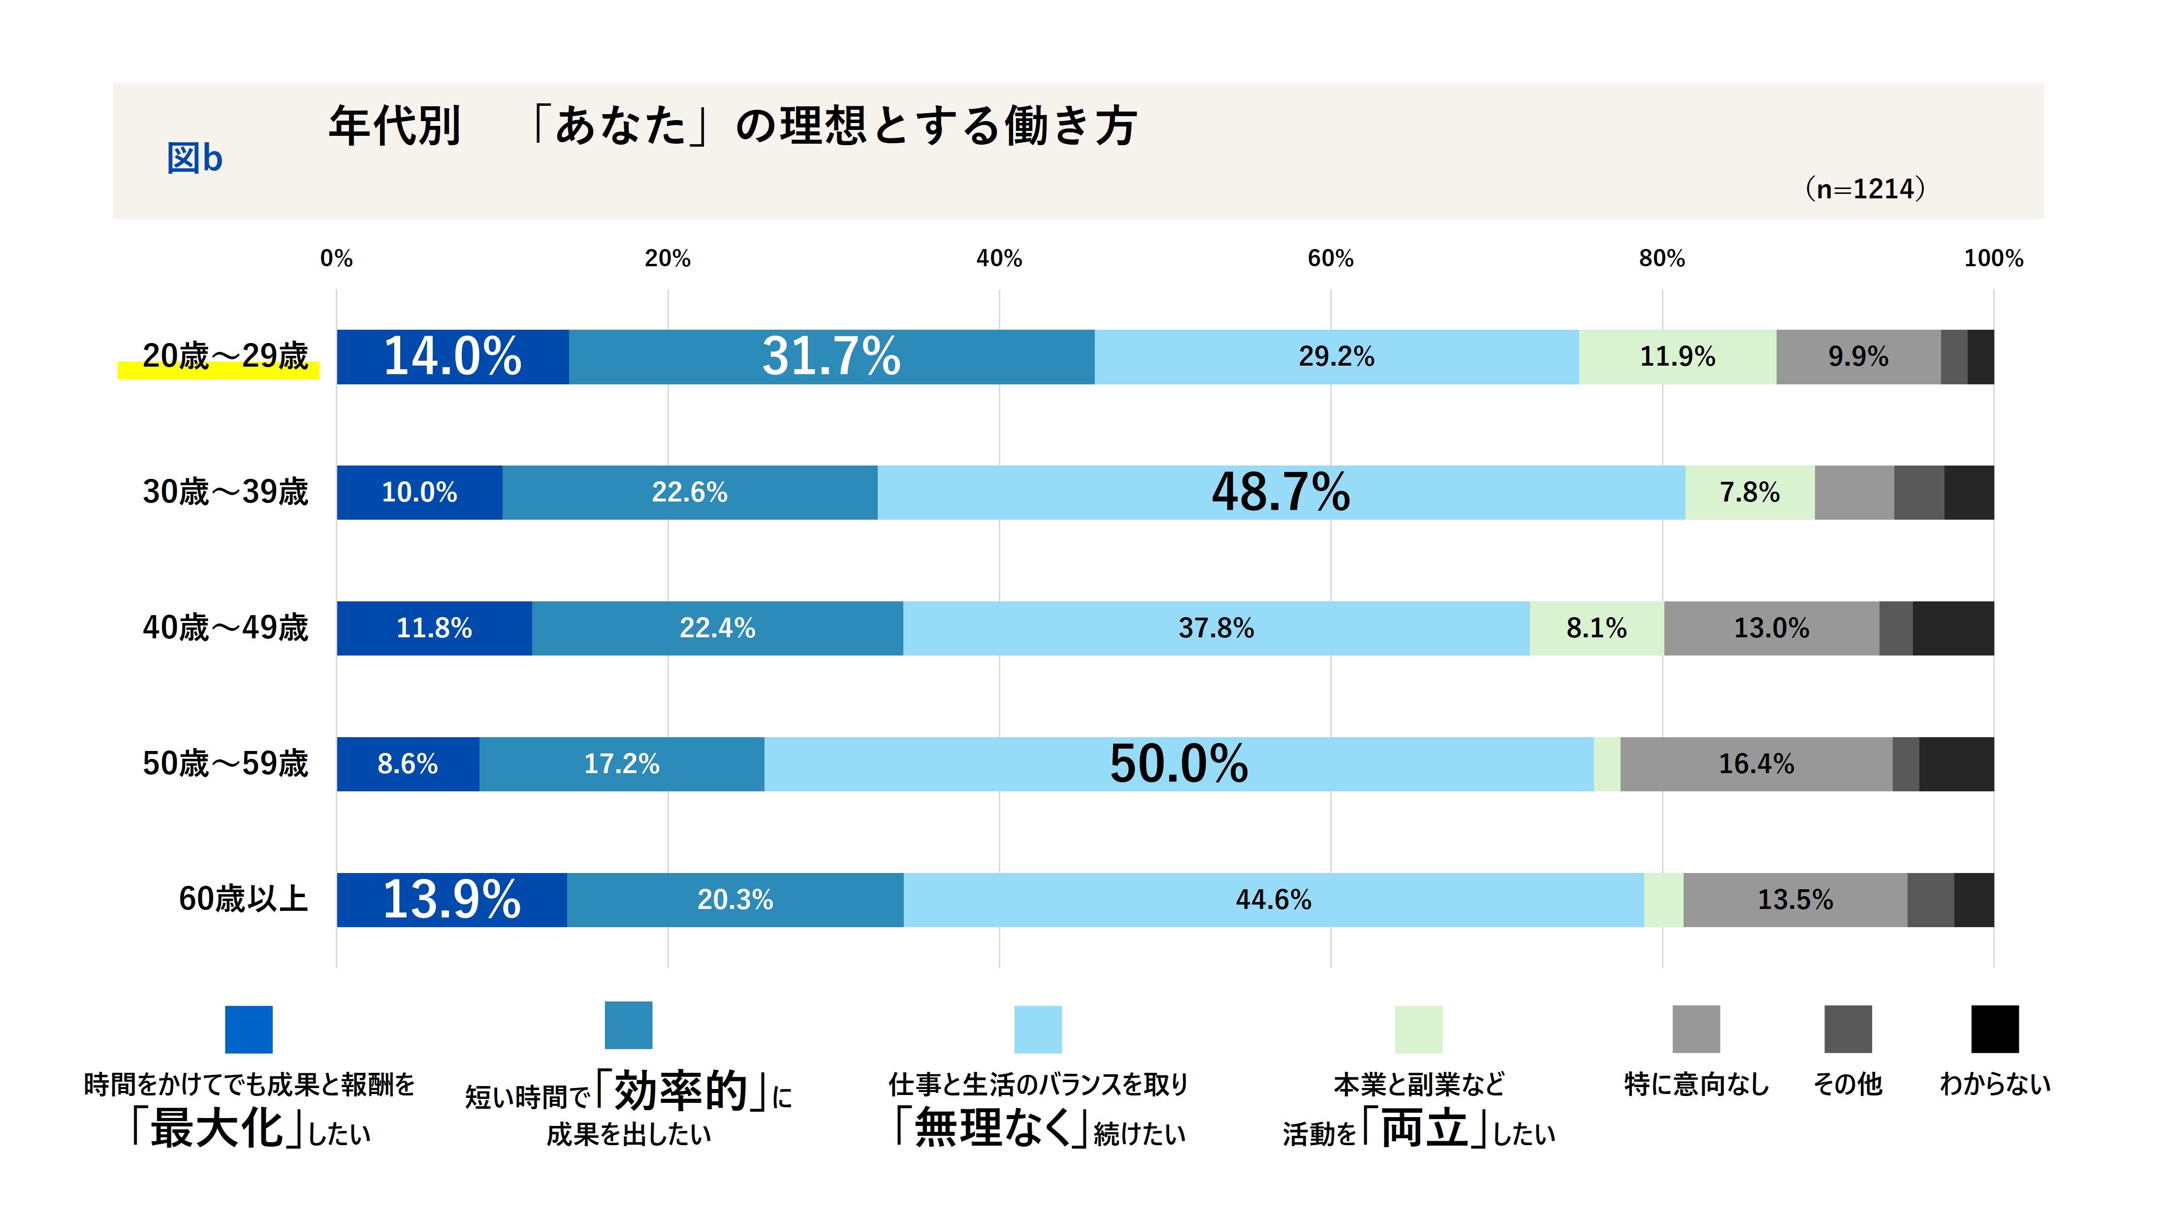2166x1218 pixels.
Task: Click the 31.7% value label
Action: tap(831, 356)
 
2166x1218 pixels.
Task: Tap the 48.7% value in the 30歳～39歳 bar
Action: tap(1280, 493)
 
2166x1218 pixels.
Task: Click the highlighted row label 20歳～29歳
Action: tap(225, 356)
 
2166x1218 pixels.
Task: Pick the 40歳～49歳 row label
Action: tap(225, 628)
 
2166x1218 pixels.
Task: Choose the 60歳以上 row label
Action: tap(243, 900)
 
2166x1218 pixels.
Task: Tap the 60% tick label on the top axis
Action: tap(1330, 259)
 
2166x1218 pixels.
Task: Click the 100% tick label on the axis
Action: tap(1993, 259)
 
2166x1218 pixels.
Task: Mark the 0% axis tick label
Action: tap(336, 259)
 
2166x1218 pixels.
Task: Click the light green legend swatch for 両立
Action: tap(1419, 1029)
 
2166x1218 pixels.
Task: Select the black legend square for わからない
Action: tap(1995, 1029)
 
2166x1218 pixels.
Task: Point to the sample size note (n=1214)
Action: tap(1865, 189)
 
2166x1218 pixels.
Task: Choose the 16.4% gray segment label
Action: tap(1755, 764)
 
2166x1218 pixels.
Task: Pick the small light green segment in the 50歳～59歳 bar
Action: tap(1607, 764)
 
